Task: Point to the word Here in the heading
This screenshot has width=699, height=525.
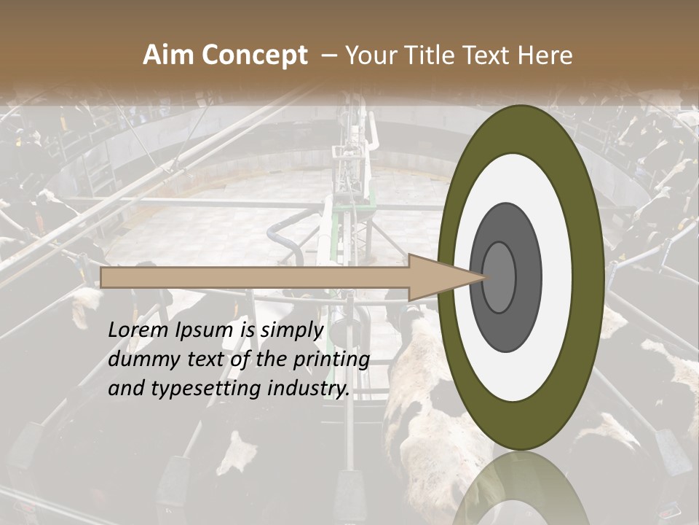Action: (546, 55)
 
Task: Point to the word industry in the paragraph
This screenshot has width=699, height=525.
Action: (309, 389)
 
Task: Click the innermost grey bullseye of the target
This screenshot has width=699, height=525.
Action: (499, 278)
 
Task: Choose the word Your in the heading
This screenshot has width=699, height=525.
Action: (368, 55)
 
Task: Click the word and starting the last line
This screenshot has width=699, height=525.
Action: (126, 389)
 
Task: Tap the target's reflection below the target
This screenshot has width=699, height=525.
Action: (521, 489)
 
